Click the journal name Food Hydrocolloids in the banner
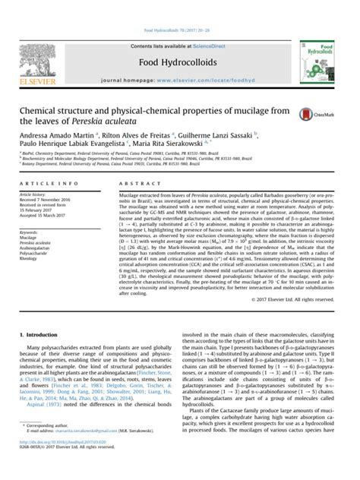(179, 43)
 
